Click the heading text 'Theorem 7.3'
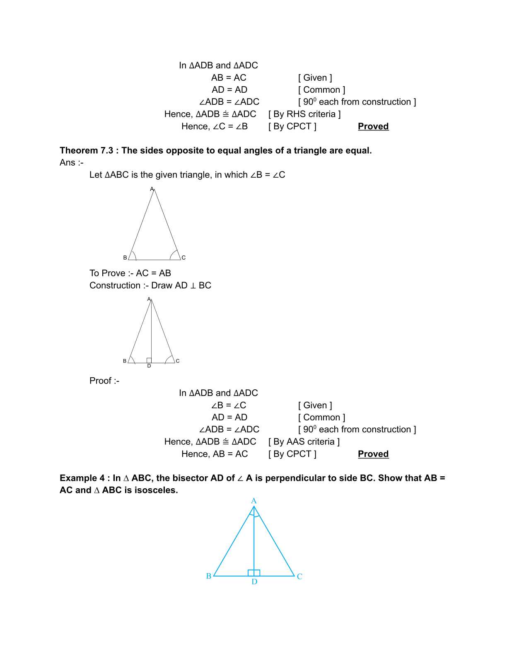(86, 150)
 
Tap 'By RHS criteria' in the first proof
(304, 114)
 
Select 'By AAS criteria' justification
(304, 441)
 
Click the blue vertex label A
(254, 501)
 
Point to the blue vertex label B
(209, 576)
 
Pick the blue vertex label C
(299, 576)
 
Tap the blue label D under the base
(254, 582)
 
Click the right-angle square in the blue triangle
(254, 573)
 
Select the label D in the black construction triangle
(149, 366)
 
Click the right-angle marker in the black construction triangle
(149, 360)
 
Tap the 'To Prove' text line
(130, 273)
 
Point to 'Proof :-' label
(104, 381)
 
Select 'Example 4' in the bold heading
(82, 478)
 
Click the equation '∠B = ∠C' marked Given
(229, 405)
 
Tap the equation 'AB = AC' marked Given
(229, 77)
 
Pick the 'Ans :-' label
(71, 162)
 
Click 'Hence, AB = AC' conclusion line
(214, 454)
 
